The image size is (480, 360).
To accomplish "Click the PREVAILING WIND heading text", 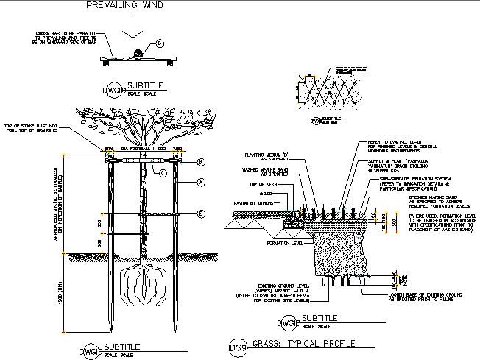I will [124, 5].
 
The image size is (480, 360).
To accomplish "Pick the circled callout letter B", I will [200, 161].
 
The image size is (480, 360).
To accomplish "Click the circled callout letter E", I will [200, 214].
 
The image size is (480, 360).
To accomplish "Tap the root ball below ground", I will [144, 284].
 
